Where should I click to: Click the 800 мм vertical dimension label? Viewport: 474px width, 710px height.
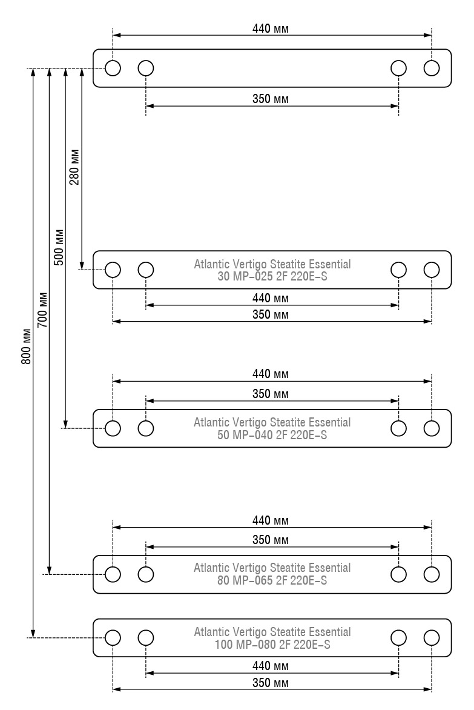(27, 347)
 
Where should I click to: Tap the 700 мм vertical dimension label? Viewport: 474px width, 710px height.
(42, 310)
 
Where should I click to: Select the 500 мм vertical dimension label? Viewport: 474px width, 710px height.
(59, 247)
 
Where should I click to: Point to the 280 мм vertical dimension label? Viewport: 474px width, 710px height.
(74, 167)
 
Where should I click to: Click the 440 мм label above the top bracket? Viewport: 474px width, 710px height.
(271, 28)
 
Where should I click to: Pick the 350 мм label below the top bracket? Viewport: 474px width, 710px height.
(271, 99)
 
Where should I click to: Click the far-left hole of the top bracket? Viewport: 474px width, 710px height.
(113, 68)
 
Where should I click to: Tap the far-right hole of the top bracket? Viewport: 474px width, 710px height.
(432, 68)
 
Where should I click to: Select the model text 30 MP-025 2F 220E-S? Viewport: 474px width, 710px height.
(272, 276)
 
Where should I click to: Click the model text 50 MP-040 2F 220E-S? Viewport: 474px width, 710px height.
(272, 435)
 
